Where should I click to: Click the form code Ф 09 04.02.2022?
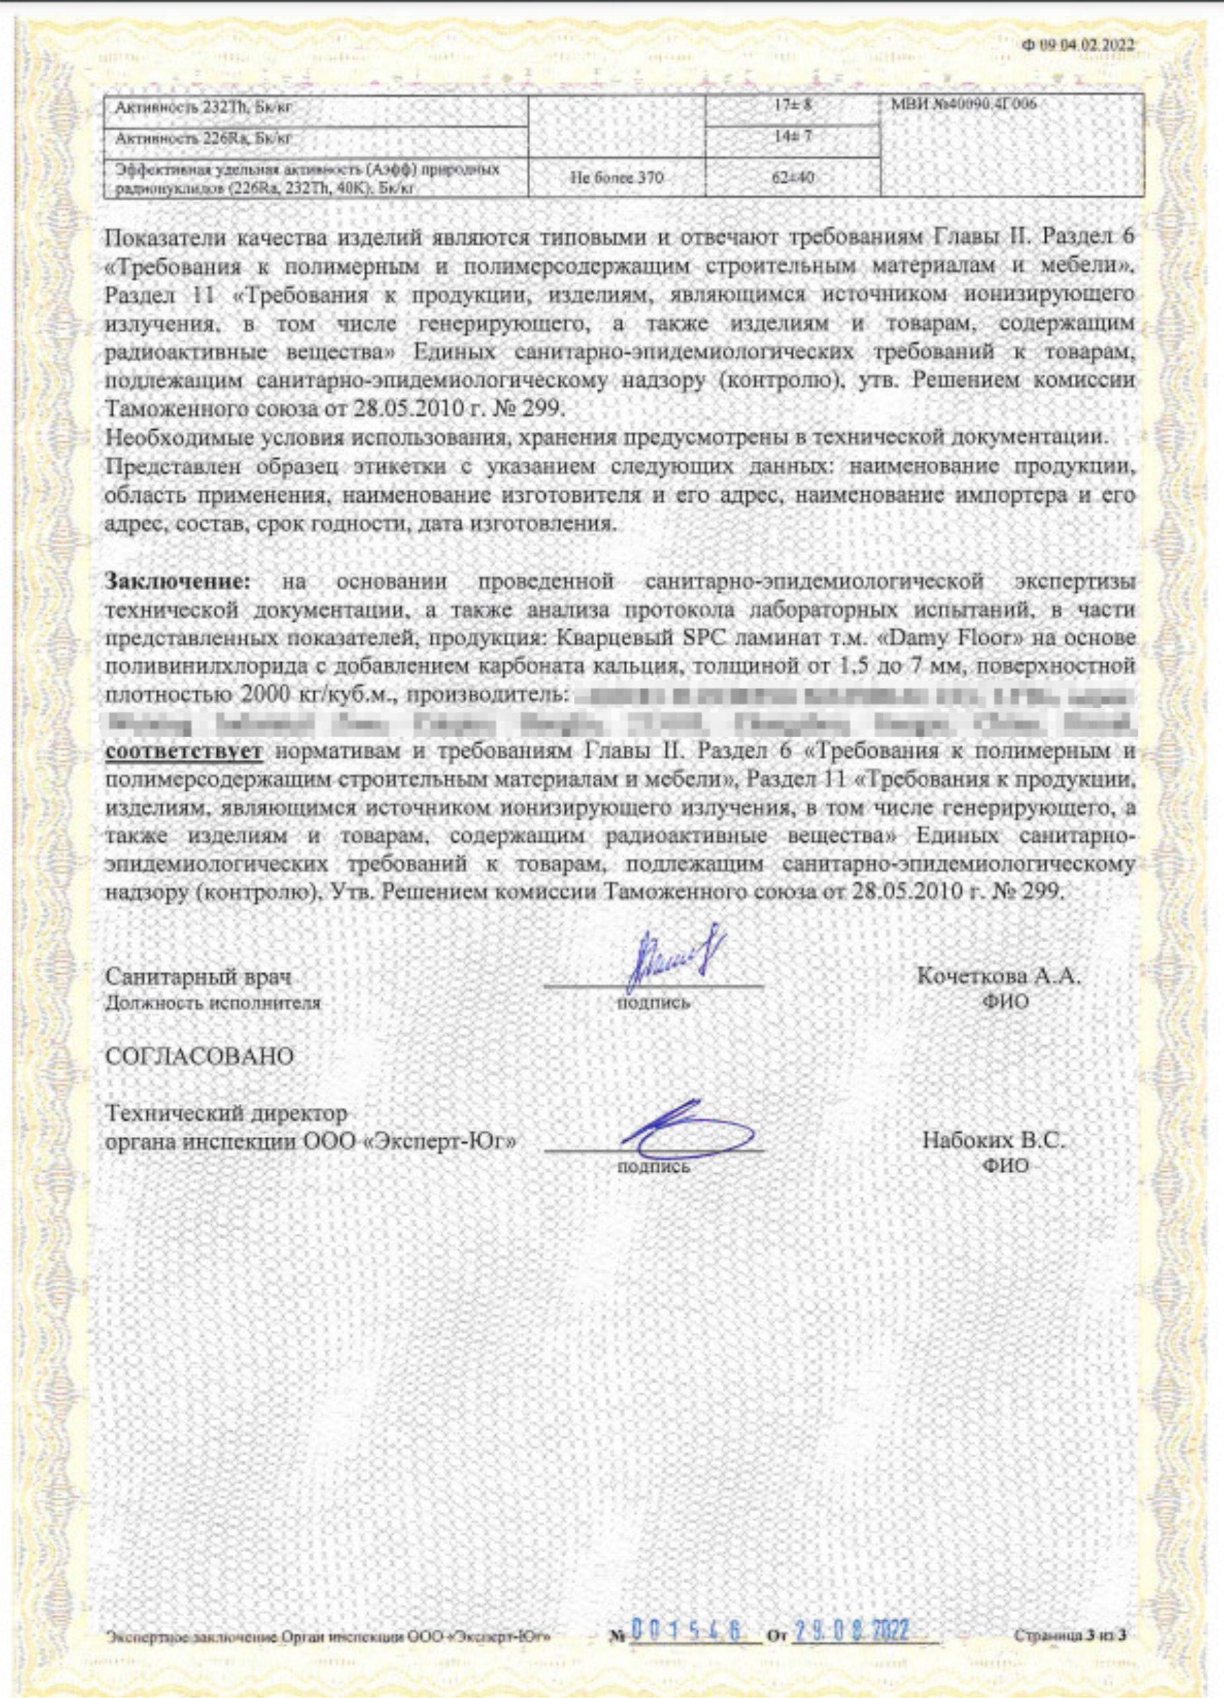click(1078, 45)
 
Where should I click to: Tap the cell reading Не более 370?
click(617, 177)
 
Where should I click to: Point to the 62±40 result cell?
click(793, 177)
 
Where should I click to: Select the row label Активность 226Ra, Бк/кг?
click(201, 138)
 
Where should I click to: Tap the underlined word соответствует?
click(183, 751)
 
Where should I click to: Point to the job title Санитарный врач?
click(199, 977)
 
